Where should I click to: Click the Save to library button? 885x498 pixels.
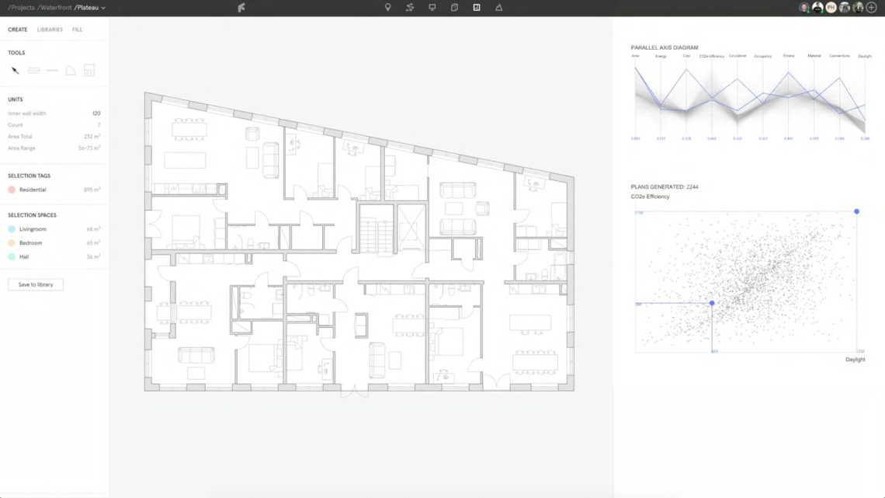point(36,284)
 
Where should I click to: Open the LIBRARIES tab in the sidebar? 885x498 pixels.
point(50,30)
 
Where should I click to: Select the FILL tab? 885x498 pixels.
point(78,30)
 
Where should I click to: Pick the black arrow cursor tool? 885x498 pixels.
point(15,71)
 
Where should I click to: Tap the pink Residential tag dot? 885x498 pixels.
point(12,190)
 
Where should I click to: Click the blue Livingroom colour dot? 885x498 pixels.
point(12,229)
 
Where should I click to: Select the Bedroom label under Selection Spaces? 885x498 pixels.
point(31,243)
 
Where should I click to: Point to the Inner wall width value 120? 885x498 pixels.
point(96,113)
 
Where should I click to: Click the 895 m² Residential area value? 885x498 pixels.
point(92,190)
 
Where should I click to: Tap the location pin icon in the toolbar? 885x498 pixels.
point(388,7)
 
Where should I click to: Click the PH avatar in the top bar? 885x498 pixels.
point(831,7)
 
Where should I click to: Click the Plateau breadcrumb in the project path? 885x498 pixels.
point(87,8)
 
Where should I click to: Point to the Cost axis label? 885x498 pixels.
point(686,56)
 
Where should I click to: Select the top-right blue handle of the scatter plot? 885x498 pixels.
point(857,211)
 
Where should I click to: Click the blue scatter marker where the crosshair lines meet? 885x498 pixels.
point(712,303)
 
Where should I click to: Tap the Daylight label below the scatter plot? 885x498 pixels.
point(855,360)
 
